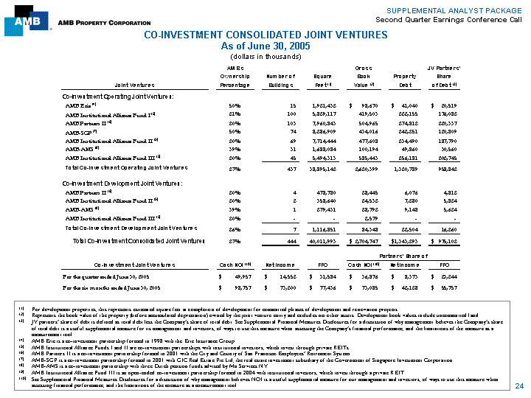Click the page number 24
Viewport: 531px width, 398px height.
pyautogui.click(x=519, y=385)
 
